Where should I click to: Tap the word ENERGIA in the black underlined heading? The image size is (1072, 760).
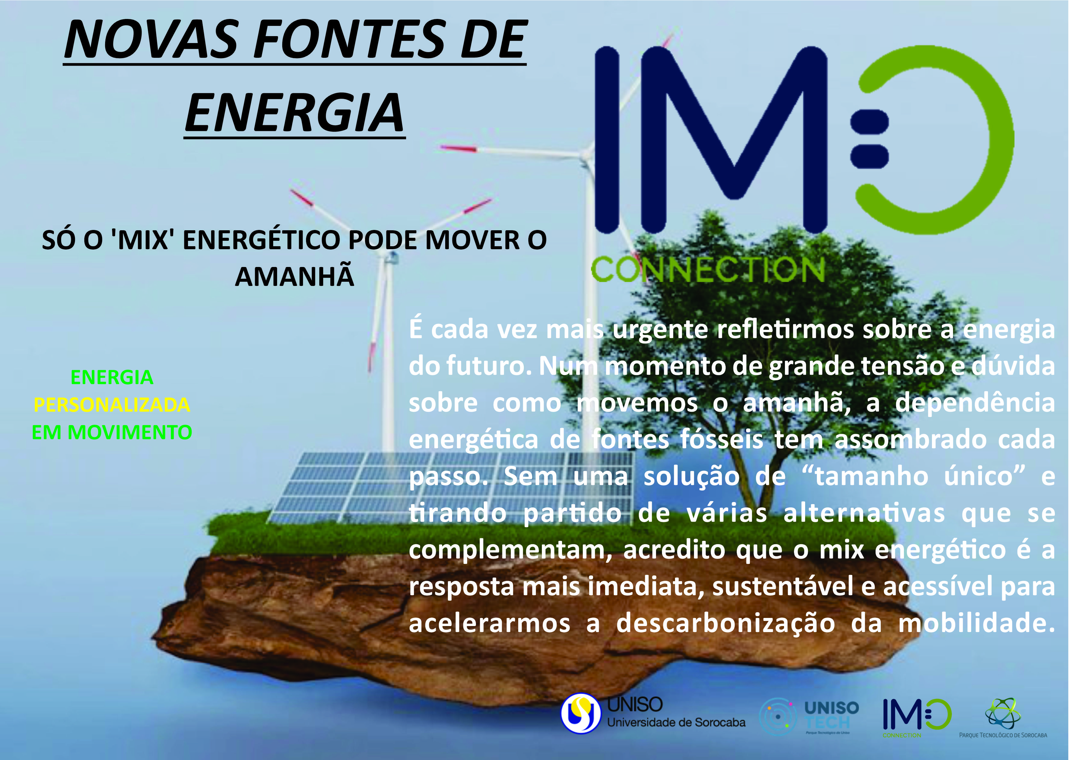coord(294,113)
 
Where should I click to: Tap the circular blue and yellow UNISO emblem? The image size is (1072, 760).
coord(581,713)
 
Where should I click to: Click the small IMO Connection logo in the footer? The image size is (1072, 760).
coord(917,716)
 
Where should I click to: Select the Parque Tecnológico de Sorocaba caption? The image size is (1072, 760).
coord(1003,735)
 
